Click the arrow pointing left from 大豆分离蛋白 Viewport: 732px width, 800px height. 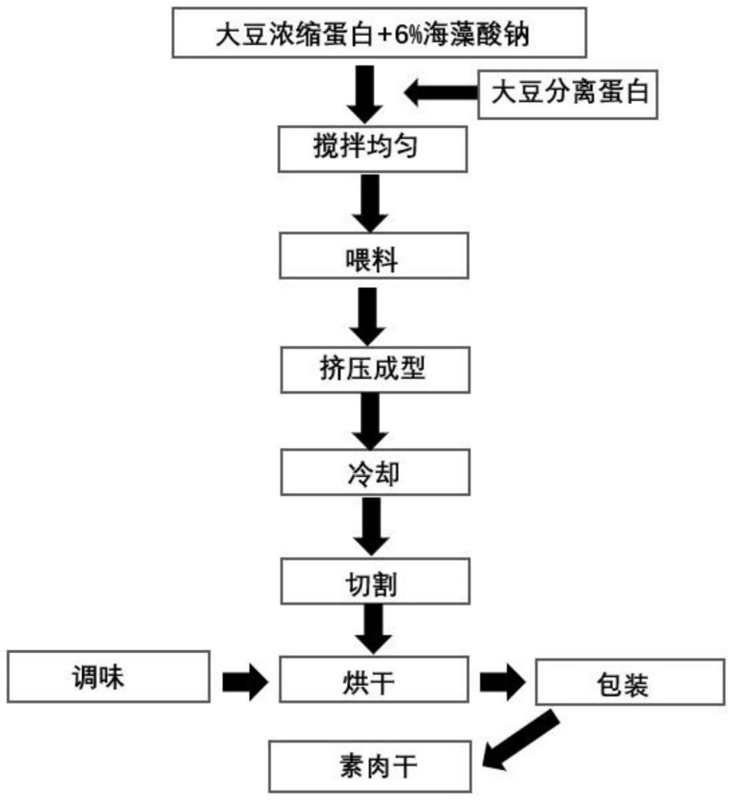click(x=440, y=94)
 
